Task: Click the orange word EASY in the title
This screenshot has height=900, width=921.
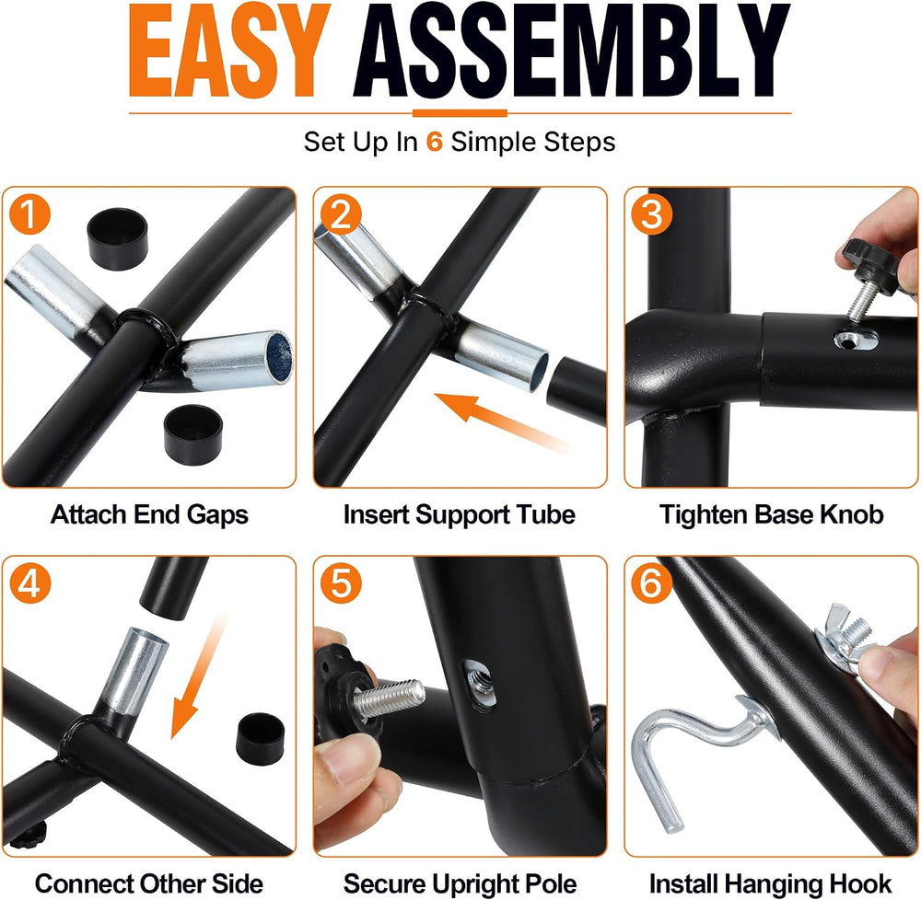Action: click(229, 51)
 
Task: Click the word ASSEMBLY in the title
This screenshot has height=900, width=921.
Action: click(571, 51)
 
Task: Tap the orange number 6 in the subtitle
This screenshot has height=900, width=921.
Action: click(434, 142)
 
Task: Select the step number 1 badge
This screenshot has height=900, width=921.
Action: click(30, 214)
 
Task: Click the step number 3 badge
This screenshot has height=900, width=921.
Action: click(651, 214)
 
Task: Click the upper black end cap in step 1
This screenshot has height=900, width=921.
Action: click(118, 238)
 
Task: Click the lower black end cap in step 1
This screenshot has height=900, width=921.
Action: click(193, 434)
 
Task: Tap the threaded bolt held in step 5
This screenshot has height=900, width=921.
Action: click(388, 698)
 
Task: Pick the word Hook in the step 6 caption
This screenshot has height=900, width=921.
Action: click(862, 883)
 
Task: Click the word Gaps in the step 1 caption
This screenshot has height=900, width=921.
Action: click(218, 515)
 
